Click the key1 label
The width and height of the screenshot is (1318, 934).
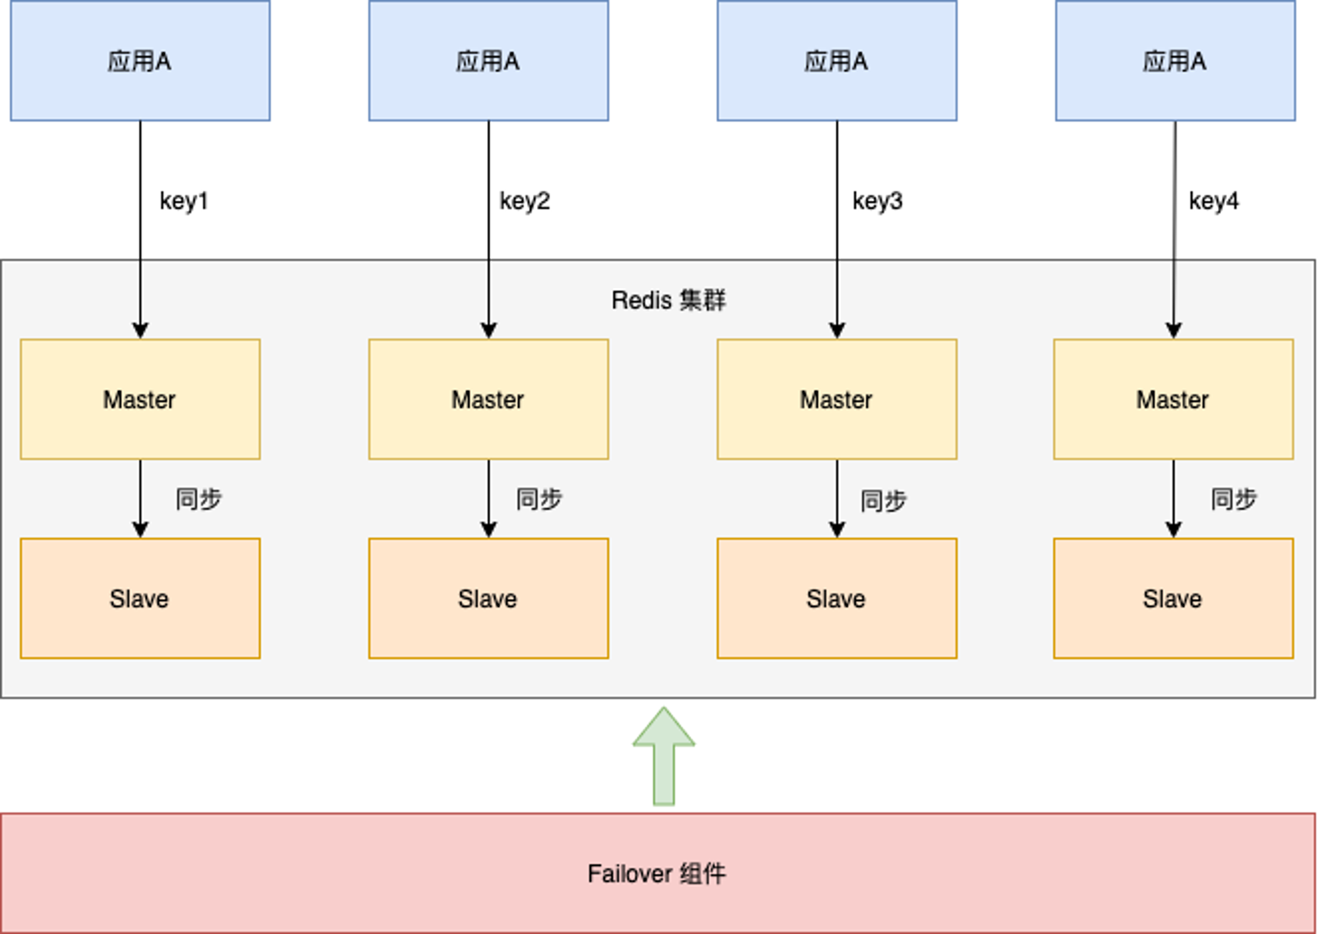click(184, 201)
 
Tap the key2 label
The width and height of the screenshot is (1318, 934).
click(525, 201)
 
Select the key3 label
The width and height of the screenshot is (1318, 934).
click(877, 201)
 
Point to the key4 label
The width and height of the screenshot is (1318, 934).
click(1213, 201)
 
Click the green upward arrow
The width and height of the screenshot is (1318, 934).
click(664, 756)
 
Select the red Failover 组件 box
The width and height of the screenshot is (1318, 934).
click(658, 873)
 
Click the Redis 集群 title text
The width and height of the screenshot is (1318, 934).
click(668, 301)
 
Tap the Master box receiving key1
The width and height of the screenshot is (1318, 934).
click(140, 399)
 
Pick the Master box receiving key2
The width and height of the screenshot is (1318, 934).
click(488, 399)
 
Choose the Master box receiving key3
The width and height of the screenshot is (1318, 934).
click(837, 399)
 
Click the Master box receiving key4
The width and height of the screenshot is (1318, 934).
click(1173, 399)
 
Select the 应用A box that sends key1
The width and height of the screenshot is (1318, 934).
click(140, 61)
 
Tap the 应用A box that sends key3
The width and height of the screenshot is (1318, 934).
click(837, 61)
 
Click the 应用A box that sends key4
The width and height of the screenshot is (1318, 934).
click(1175, 61)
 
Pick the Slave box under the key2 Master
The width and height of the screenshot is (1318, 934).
click(488, 598)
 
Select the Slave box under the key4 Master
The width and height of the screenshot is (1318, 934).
click(1173, 598)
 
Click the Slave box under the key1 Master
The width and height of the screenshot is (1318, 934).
click(140, 598)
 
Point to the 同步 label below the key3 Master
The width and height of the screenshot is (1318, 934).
click(883, 501)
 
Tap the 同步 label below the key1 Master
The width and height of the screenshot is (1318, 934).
click(198, 499)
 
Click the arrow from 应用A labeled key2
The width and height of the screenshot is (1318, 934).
click(488, 230)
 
